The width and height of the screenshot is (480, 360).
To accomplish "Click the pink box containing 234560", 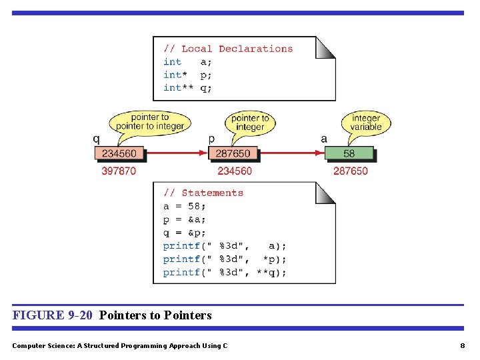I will [119, 153].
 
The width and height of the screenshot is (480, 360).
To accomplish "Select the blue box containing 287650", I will [233, 153].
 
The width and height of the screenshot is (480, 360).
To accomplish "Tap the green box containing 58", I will [349, 153].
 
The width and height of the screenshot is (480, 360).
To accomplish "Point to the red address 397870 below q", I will [119, 171].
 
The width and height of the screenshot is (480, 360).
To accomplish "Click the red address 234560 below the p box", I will [235, 171].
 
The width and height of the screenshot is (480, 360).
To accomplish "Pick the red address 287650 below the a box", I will [350, 171].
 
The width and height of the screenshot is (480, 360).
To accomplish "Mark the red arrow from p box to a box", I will [291, 153].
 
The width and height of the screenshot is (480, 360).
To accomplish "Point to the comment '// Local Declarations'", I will [228, 49].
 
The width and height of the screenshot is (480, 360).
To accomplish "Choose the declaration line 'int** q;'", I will [187, 88].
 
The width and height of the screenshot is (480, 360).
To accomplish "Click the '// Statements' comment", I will [203, 193].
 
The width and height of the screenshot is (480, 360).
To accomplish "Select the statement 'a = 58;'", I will [185, 206].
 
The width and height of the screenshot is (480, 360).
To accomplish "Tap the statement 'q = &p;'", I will [185, 233].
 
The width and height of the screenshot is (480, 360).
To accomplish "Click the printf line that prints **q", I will [225, 272].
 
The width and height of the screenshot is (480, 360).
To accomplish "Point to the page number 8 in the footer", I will [462, 345].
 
